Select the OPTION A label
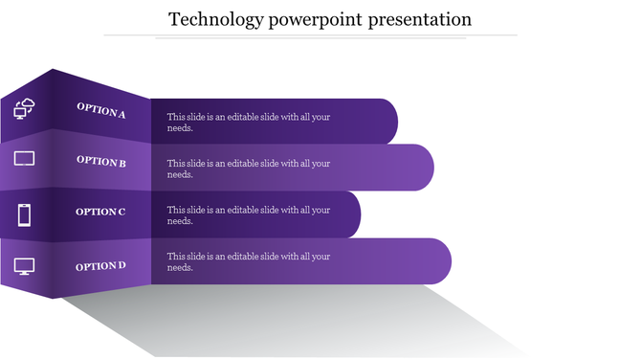coord(101,112)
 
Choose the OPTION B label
coord(101,162)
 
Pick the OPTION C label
coord(100,212)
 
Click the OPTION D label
coord(100,265)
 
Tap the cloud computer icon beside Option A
coord(24,108)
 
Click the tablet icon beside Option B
coord(24,158)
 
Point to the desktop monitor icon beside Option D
coord(24,267)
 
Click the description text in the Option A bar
coord(248,122)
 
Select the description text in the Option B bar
coord(248,169)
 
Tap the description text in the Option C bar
coord(248,215)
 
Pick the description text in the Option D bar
coord(248,261)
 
